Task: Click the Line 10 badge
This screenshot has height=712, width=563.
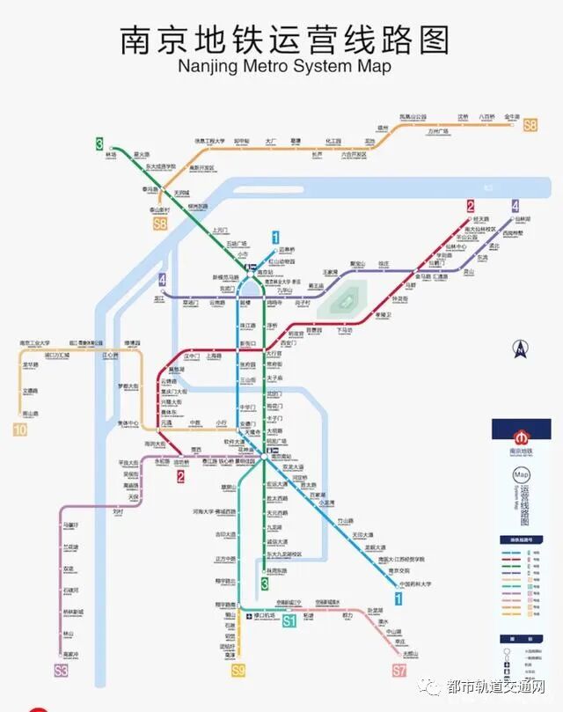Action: point(20,430)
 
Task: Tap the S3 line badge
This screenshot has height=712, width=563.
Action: point(60,671)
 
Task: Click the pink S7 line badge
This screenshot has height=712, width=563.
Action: point(399,671)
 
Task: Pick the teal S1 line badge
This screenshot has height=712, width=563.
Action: point(289,623)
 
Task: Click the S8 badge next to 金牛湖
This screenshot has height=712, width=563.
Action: point(530,126)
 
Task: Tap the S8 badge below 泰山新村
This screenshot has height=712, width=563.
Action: point(159,224)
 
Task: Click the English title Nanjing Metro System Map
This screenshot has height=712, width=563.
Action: point(283,66)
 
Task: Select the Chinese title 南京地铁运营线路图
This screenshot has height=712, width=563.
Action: point(284,40)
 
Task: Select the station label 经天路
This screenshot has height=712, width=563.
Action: point(481,218)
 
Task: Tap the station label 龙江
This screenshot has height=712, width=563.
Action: point(160,299)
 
